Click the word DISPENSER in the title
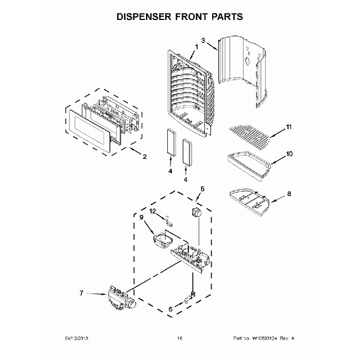coord(145,17)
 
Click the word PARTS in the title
coord(225,17)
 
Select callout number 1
coord(196,46)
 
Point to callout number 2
coord(145,157)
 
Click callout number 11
coord(288,128)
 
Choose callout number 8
coord(288,194)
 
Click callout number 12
coord(152,210)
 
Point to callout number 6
coord(170,310)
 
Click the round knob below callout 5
coord(195,213)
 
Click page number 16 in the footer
coord(179,338)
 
